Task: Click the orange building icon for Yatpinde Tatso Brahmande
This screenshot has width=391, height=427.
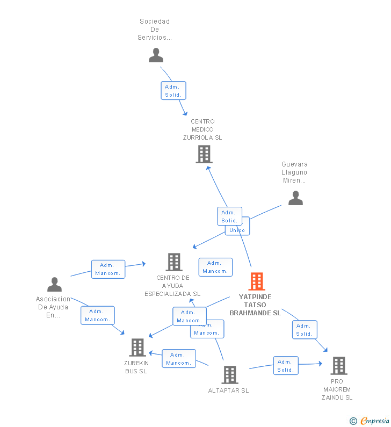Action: coord(257,281)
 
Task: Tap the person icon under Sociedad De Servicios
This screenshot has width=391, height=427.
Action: coord(156,55)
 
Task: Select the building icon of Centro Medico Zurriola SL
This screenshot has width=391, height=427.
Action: coord(204,154)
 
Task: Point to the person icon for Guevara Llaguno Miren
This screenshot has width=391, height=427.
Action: coord(295,198)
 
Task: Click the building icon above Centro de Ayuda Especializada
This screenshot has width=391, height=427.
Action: coord(174,262)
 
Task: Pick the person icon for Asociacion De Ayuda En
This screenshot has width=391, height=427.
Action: coord(54,284)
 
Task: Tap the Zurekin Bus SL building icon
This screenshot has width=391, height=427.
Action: coord(137,348)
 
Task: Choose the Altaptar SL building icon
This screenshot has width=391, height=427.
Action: coord(229,374)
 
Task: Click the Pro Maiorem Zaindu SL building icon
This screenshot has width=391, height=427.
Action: coord(338,366)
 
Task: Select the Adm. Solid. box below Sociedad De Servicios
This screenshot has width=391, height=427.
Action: coord(173,91)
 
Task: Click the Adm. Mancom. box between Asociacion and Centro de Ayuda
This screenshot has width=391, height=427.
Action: coord(108,269)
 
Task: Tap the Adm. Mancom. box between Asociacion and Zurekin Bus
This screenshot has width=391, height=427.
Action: coord(97,315)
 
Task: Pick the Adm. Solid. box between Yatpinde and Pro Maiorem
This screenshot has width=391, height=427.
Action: coord(304,330)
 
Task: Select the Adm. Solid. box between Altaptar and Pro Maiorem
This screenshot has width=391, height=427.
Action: coord(285,366)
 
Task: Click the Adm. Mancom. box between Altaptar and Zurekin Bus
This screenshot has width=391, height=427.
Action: coord(179,359)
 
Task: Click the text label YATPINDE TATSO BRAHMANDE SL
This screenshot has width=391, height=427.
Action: coord(255,305)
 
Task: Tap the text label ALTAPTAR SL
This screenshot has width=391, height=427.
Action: coord(228,390)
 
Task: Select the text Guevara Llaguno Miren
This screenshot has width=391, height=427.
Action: coord(294,172)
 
